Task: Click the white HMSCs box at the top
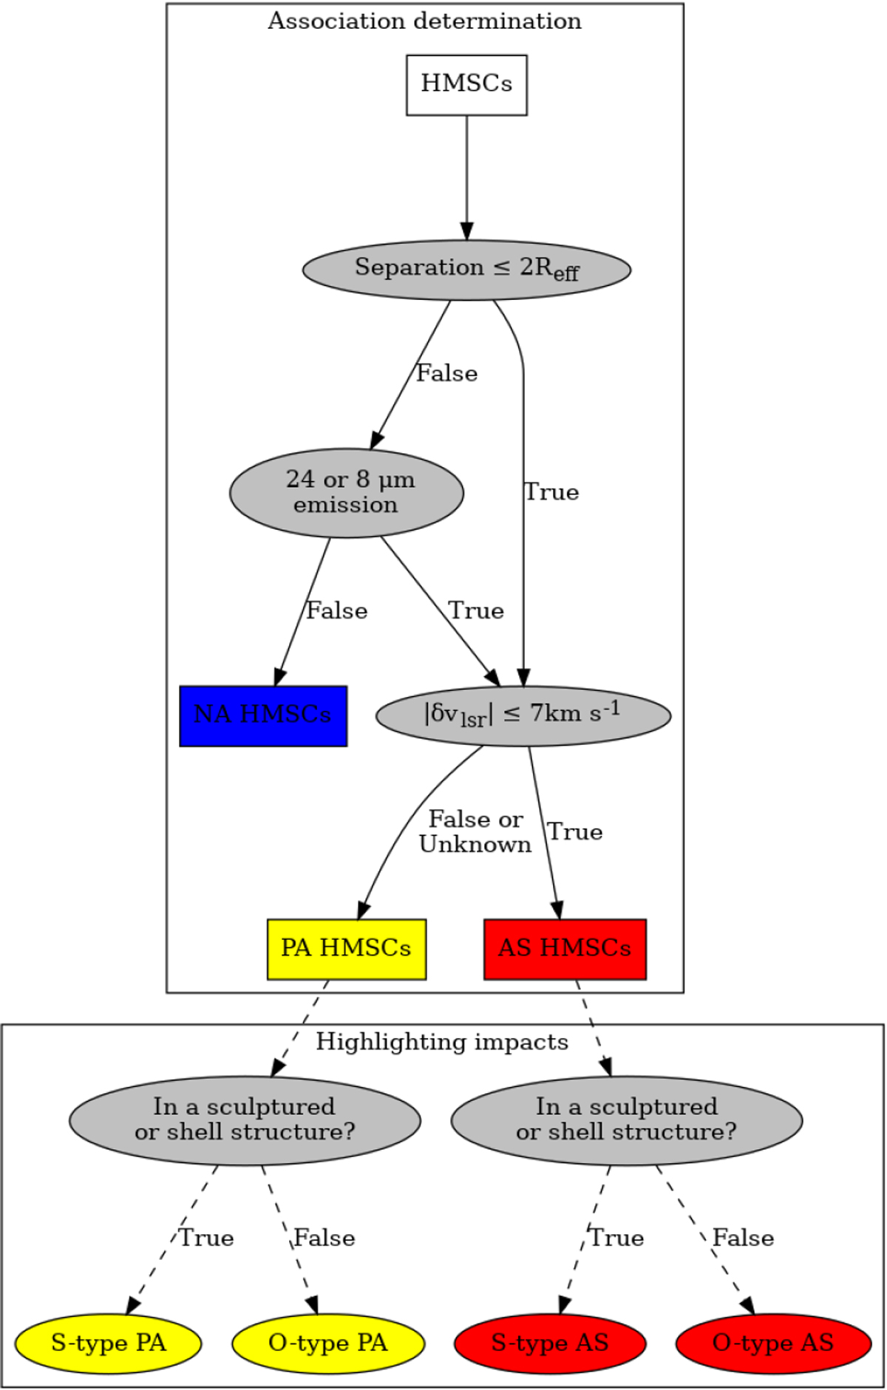466,84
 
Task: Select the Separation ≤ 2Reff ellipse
466,270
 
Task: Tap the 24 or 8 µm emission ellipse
347,492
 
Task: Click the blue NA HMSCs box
263,715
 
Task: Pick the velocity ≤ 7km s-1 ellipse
523,715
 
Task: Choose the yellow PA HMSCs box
346,949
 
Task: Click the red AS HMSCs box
565,949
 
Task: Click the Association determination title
424,21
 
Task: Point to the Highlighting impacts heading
442,1042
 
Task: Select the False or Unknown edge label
475,831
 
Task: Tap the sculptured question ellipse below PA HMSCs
245,1120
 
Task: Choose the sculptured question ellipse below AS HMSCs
626,1120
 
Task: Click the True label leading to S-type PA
207,1238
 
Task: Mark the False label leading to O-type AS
743,1238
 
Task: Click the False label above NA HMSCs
337,610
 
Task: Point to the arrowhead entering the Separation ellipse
466,231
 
